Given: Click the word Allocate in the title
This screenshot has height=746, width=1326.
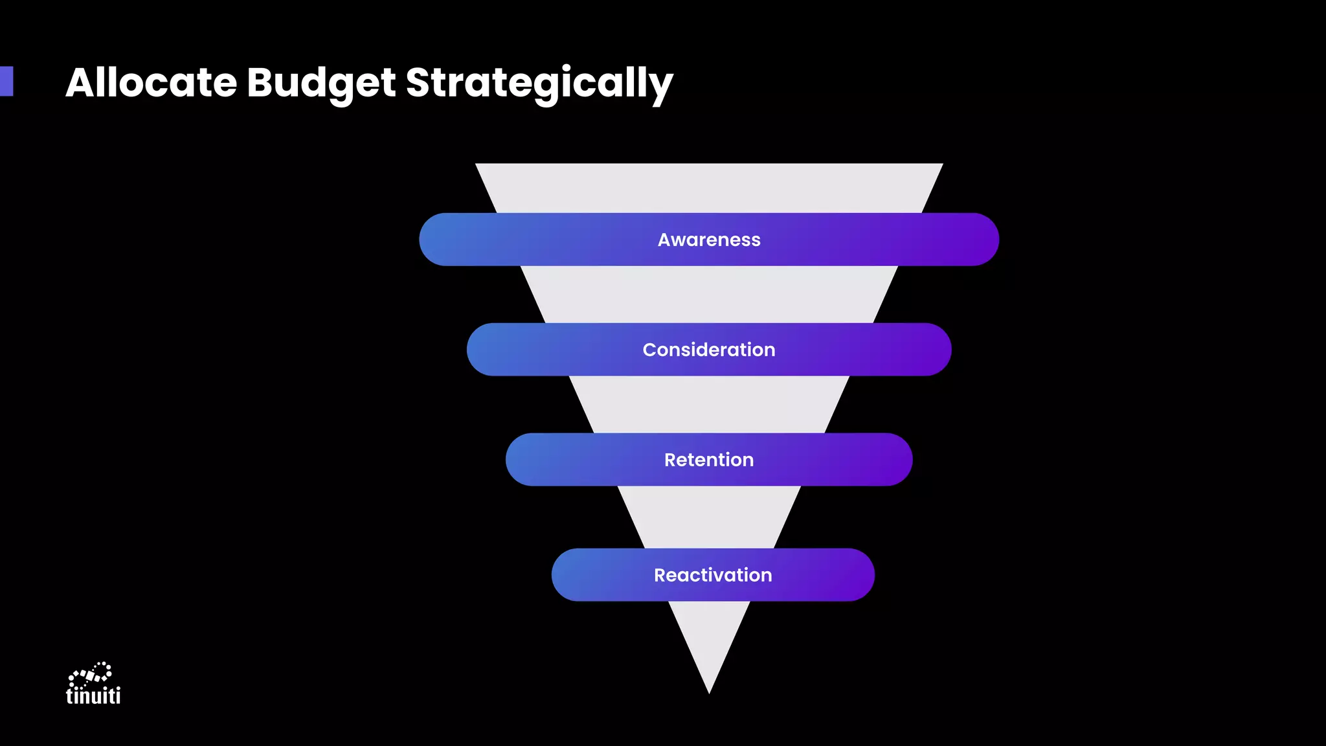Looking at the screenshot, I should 151,83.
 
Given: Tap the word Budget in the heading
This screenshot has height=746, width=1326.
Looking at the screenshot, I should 320,83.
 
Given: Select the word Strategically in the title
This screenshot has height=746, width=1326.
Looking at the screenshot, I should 539,83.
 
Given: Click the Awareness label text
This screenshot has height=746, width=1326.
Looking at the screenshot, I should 709,240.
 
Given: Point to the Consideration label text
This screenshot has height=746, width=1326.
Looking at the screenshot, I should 709,350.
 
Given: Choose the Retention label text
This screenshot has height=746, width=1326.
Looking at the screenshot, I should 709,460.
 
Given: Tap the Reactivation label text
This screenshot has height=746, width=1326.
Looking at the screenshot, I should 713,575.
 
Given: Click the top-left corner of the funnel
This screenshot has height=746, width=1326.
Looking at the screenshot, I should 478,165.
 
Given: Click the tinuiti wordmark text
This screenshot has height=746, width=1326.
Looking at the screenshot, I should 93,695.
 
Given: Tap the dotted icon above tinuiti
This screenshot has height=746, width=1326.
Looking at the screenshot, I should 91,673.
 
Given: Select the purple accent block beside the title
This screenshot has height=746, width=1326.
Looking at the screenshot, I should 6,81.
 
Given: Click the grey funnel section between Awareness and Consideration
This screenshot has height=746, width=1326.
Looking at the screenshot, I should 709,295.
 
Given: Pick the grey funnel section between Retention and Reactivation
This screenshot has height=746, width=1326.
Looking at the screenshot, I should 709,517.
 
